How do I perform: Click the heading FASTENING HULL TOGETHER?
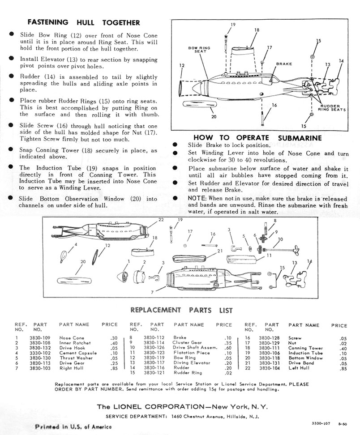[x=84, y=22]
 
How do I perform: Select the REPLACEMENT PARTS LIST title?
[x=181, y=310]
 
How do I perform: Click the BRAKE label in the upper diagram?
[x=284, y=64]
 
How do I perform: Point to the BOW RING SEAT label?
[x=200, y=49]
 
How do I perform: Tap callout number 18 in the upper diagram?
[x=257, y=30]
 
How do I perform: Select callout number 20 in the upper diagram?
[x=214, y=117]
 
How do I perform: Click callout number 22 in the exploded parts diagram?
[x=161, y=219]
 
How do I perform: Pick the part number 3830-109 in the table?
[x=39, y=338]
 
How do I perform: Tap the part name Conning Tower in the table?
[x=305, y=348]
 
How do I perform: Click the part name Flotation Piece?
[x=191, y=353]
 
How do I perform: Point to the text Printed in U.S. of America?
[x=73, y=426]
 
